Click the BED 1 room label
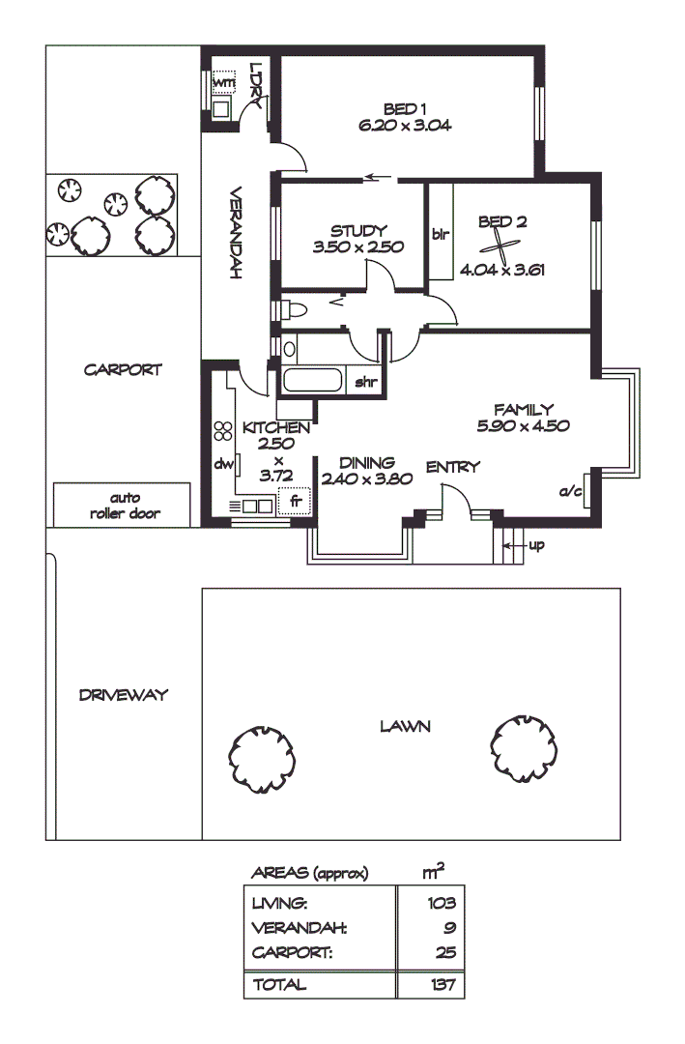tap(405, 108)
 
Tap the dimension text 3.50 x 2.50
tap(357, 247)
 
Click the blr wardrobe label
tap(440, 234)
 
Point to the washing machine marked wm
tap(223, 83)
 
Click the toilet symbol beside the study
tap(292, 310)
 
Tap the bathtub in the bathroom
tap(312, 381)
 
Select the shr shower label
tap(365, 383)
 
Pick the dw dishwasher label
tap(224, 464)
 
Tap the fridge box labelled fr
tap(295, 502)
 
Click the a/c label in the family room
tap(571, 492)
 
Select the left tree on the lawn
tap(261, 760)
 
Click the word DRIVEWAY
tap(124, 694)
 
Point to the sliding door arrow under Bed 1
tap(380, 178)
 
